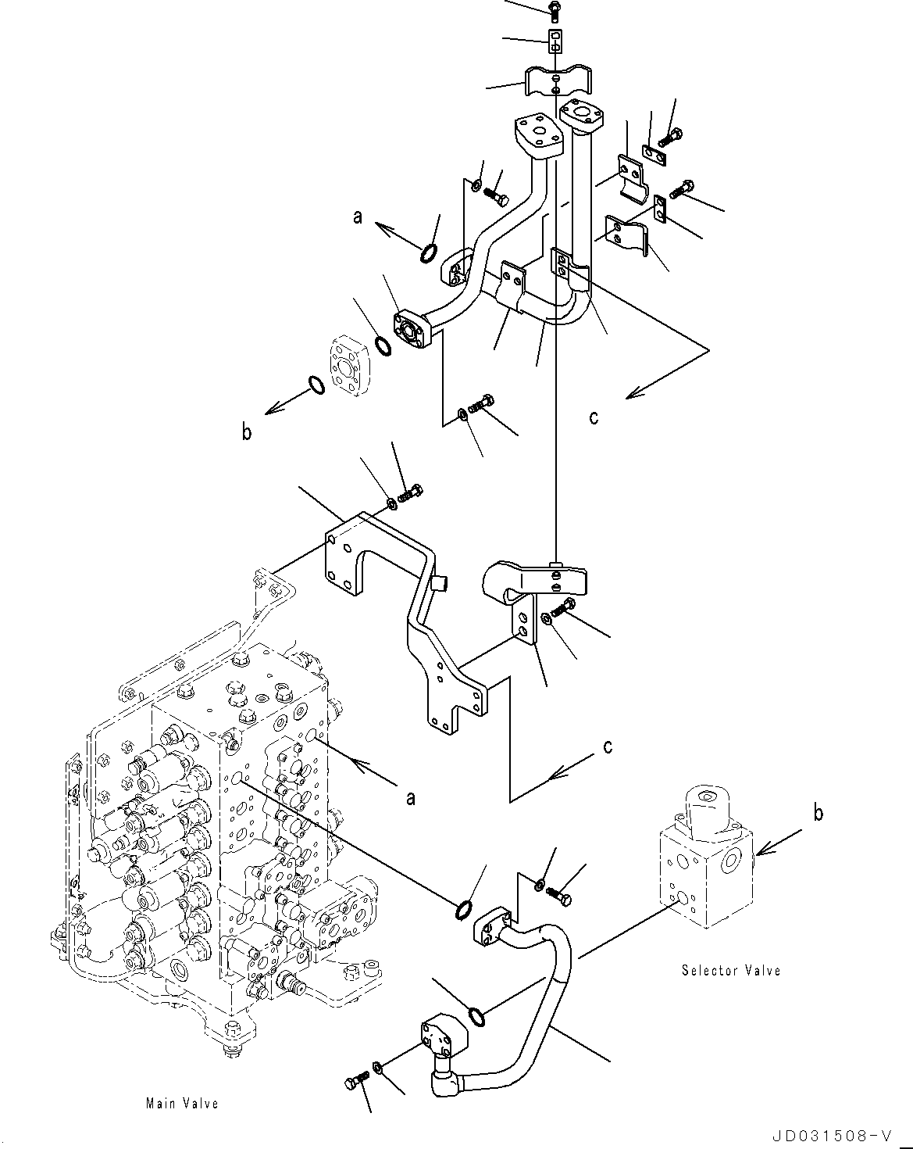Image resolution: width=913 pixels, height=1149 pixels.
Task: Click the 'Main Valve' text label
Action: pos(181,1103)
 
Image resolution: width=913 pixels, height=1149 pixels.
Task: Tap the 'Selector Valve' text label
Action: pos(730,970)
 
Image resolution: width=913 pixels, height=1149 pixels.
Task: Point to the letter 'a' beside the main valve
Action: pos(410,797)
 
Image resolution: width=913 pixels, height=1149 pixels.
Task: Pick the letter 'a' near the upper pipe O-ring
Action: pos(358,217)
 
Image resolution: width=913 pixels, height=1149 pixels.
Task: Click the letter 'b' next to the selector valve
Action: pos(817,813)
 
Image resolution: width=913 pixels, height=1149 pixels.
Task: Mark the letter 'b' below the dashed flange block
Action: pos(247,431)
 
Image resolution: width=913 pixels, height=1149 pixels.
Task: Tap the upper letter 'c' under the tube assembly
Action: pos(594,417)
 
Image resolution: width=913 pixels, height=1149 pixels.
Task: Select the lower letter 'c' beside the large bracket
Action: pos(608,746)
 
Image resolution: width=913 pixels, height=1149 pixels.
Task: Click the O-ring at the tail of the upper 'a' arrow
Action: pos(429,253)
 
